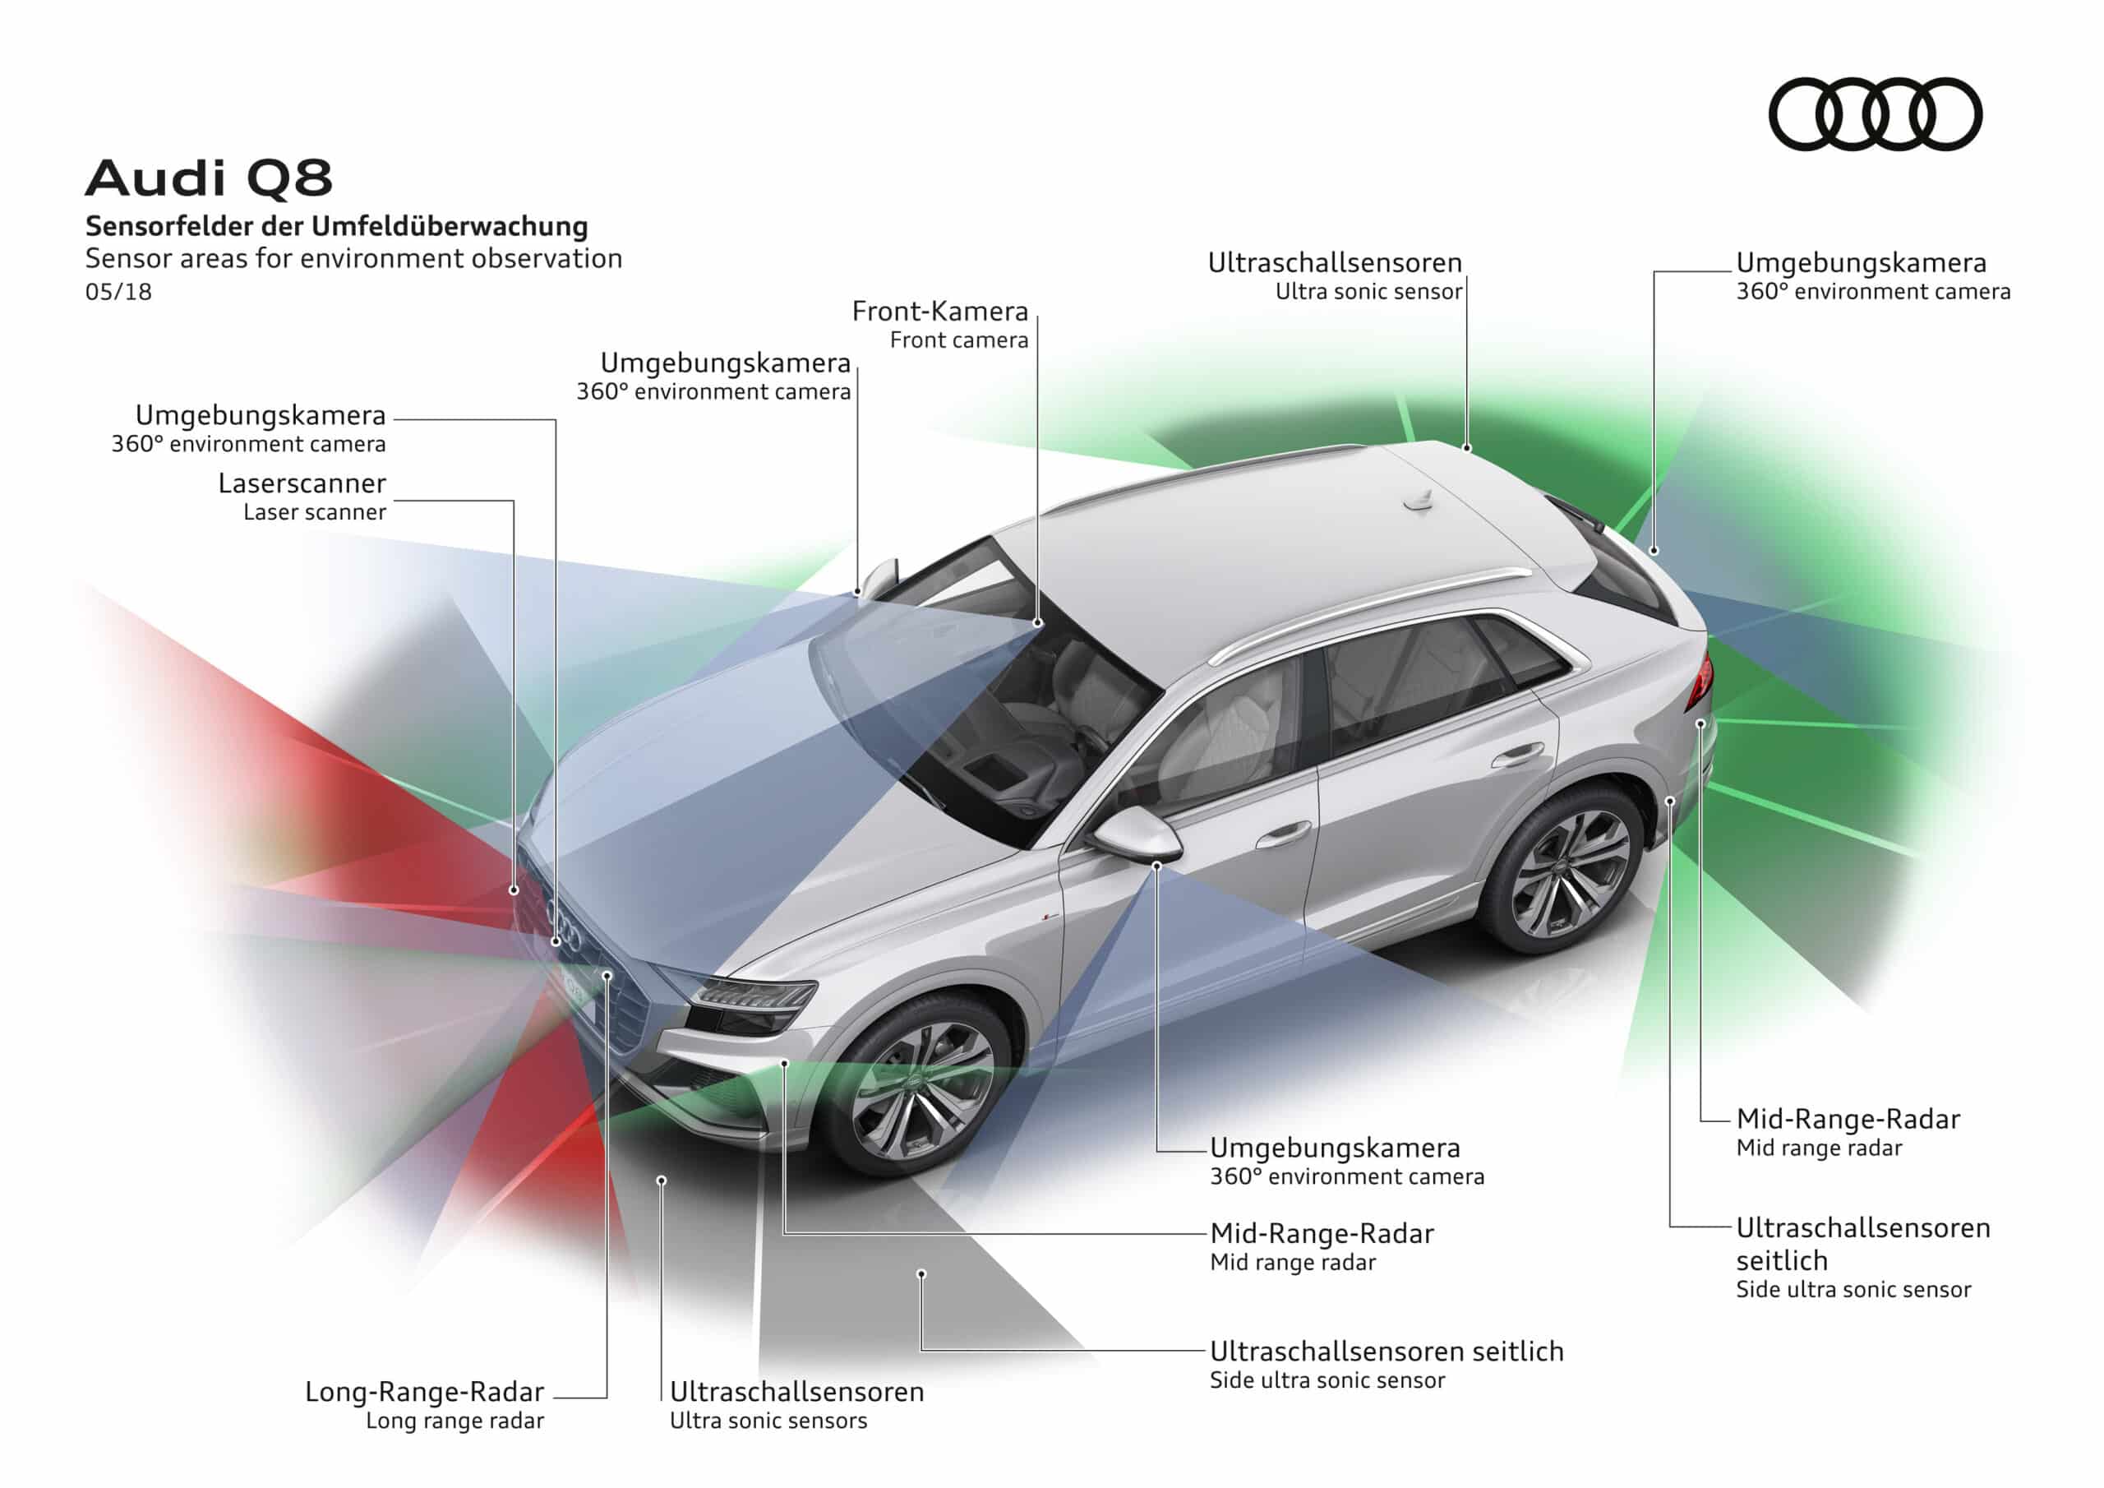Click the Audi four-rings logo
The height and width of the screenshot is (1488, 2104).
click(x=1874, y=113)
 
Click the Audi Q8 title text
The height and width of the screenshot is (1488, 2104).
click(x=209, y=178)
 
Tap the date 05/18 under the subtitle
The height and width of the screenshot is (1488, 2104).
click(x=118, y=292)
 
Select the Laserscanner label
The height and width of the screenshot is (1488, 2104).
click(x=302, y=483)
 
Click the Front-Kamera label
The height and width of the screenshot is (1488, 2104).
click(x=939, y=312)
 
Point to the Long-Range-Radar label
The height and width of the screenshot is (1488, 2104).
click(x=424, y=1392)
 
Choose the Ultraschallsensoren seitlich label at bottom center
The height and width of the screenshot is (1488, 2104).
click(x=1386, y=1352)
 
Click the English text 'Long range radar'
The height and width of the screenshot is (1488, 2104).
click(x=454, y=1421)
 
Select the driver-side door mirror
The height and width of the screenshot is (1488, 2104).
click(x=1137, y=832)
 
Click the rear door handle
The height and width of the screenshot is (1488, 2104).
click(x=1516, y=756)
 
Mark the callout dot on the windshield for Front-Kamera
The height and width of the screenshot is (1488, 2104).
click(x=1038, y=622)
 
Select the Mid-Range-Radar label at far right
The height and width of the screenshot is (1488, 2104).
click(x=1848, y=1120)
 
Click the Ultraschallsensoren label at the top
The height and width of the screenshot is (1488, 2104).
click(x=1334, y=263)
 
